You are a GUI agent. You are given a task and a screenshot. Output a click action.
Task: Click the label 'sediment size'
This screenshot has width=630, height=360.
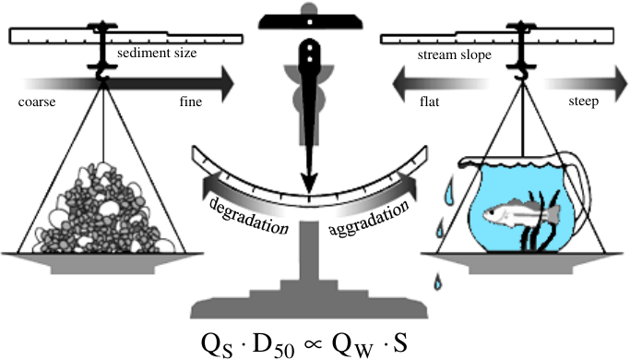pos(157,54)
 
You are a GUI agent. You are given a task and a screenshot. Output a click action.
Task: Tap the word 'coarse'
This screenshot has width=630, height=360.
pos(37,102)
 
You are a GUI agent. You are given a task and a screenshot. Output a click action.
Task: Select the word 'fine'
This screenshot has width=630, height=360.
pos(190,102)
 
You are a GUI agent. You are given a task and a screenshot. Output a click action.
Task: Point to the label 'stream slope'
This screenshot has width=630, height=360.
pos(455,55)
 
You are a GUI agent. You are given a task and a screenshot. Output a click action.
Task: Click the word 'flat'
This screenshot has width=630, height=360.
pos(430,102)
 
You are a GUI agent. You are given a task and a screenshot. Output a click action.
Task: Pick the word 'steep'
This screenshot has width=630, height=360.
pos(583,102)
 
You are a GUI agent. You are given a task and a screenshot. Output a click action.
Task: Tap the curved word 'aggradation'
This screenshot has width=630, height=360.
pos(368,219)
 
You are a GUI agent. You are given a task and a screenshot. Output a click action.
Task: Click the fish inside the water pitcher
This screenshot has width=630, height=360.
pos(521,212)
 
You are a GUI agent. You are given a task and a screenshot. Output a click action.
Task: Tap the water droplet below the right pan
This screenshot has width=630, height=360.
pos(437,282)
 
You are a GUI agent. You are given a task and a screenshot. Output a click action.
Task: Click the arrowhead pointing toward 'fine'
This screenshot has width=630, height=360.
pos(228,84)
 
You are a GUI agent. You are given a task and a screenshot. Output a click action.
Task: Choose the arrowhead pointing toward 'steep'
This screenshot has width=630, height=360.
pos(621,84)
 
